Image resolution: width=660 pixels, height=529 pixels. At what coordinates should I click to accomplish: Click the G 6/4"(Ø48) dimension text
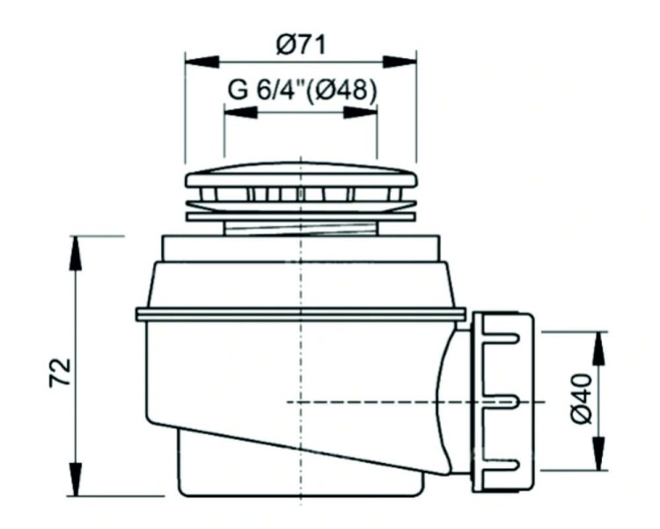coord(301,91)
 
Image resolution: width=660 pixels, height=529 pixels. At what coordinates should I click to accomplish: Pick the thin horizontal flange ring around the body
coord(301,314)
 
